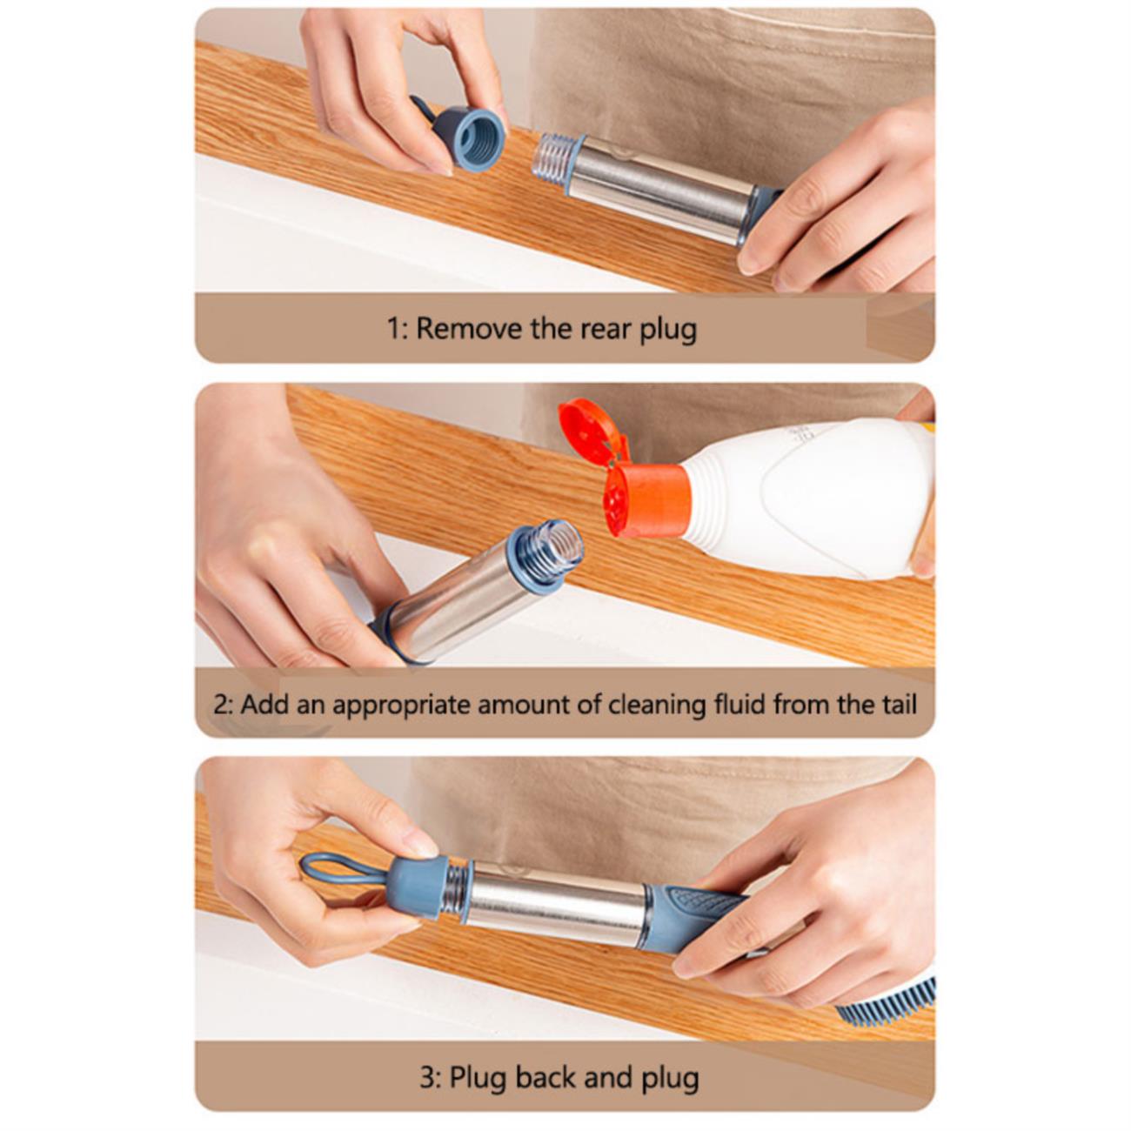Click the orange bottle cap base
point(646,499)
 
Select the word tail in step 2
point(896,704)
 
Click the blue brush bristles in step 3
point(887,993)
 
